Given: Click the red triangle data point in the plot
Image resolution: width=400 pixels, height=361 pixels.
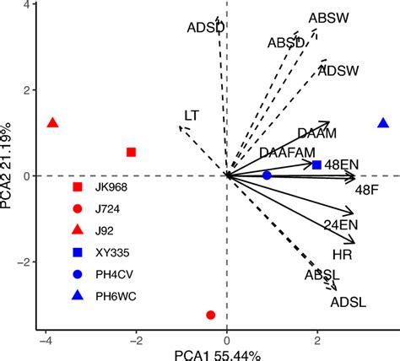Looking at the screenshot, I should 52,123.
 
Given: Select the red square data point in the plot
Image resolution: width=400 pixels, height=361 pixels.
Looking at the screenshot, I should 131,152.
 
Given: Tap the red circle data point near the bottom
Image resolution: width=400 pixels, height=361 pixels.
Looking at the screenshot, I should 210,315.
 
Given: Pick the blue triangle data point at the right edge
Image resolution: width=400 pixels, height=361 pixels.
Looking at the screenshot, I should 383,123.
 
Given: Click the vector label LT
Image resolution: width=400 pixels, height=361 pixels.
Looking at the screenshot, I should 192,115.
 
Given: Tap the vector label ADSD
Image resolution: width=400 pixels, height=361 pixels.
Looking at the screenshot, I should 206,27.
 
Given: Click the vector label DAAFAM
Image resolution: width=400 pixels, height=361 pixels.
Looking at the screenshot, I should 287,153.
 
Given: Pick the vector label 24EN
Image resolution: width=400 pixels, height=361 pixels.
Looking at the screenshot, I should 342,224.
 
